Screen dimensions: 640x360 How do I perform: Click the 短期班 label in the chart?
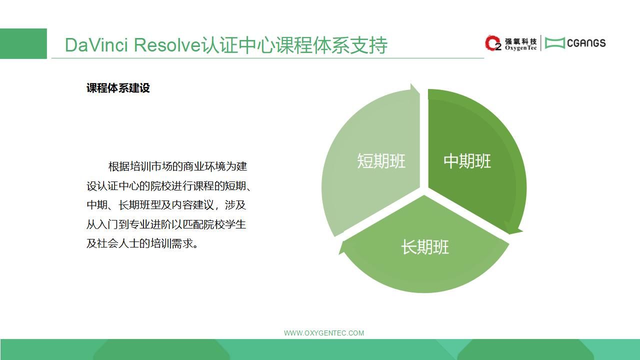coord(381,161)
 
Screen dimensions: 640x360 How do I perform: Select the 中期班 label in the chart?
coord(467,161)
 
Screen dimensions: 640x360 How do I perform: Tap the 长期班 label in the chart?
coord(425,247)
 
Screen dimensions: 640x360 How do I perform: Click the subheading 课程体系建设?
coord(118,88)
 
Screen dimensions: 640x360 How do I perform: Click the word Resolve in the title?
coord(167,45)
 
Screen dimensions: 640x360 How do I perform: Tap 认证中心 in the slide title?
coord(238,45)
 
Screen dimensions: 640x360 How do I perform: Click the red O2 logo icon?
coord(493,43)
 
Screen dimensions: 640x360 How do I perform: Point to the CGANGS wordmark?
coord(586,43)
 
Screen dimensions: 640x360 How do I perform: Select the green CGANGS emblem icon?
coord(554,43)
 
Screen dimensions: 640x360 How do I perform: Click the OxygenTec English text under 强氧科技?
coord(520,48)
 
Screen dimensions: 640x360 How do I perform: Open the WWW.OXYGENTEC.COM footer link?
coord(323,333)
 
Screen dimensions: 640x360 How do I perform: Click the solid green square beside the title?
coord(23,43)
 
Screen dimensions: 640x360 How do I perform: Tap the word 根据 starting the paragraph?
coord(119,166)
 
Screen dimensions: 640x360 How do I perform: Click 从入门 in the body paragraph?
coord(102,224)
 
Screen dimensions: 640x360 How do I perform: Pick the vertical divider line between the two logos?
coord(540,43)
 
